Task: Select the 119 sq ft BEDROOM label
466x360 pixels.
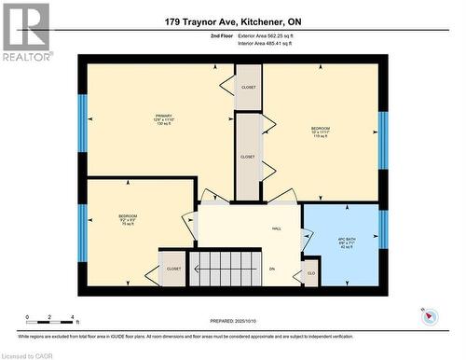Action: pos(320,132)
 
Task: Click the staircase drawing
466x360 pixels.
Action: pos(226,266)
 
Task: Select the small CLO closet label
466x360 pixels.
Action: pos(311,275)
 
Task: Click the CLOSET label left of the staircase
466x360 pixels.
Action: pos(173,269)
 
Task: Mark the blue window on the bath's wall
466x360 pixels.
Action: pos(381,229)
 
